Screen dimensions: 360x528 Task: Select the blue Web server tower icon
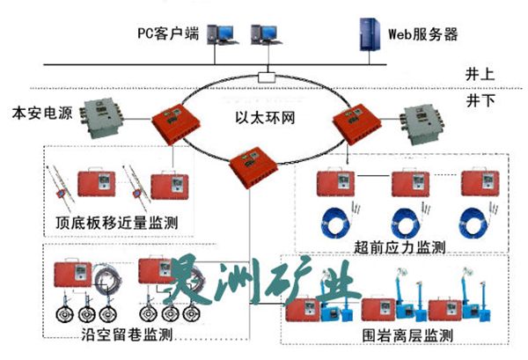(364, 35)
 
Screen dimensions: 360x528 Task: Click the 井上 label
(478, 74)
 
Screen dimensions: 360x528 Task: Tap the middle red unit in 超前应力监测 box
(410, 184)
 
